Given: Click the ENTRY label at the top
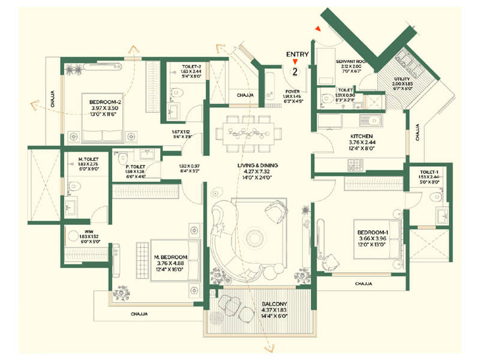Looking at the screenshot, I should [x=297, y=55].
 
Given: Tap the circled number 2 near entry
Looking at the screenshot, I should [x=295, y=71].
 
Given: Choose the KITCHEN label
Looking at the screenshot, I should [x=362, y=136].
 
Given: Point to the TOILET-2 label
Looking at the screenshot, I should [x=179, y=66].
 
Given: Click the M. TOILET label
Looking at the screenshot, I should [x=80, y=159].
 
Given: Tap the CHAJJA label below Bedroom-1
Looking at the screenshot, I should [x=364, y=283].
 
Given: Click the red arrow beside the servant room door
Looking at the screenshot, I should [x=319, y=28].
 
